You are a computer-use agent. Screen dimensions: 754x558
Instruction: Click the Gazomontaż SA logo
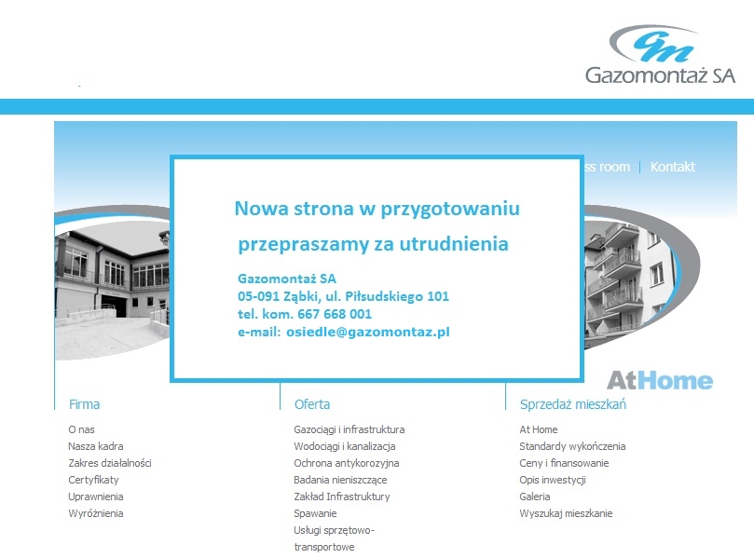pos(660,55)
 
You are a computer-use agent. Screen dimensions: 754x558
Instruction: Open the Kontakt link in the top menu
pos(673,167)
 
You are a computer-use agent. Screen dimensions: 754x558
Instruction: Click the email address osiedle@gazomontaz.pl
pos(368,333)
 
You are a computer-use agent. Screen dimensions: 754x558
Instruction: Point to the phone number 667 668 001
pos(335,314)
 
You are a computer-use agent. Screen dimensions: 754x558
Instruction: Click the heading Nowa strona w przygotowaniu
pos(377,209)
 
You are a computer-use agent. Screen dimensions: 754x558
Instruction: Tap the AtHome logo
pos(660,381)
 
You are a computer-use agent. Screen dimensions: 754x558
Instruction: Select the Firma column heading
pos(84,404)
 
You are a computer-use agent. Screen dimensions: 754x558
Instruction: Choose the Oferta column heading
pos(312,404)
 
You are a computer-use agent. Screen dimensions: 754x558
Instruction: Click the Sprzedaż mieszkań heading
pos(572,404)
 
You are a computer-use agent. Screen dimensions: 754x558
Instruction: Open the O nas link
pos(81,429)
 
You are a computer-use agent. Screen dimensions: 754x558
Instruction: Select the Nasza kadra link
pos(96,446)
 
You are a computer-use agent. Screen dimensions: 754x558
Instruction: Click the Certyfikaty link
pos(93,480)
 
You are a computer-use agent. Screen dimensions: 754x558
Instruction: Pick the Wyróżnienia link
pos(96,513)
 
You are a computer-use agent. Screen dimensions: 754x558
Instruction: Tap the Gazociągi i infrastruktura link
pos(350,429)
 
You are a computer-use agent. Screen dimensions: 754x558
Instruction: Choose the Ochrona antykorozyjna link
pos(346,463)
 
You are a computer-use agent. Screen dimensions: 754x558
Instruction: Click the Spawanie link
pos(315,513)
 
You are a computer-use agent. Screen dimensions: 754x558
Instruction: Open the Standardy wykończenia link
pos(572,446)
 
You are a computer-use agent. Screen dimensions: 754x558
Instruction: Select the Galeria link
pos(535,497)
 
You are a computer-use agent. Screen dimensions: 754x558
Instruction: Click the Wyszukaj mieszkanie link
pos(566,513)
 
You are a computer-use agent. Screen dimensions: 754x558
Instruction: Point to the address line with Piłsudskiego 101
pos(343,296)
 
